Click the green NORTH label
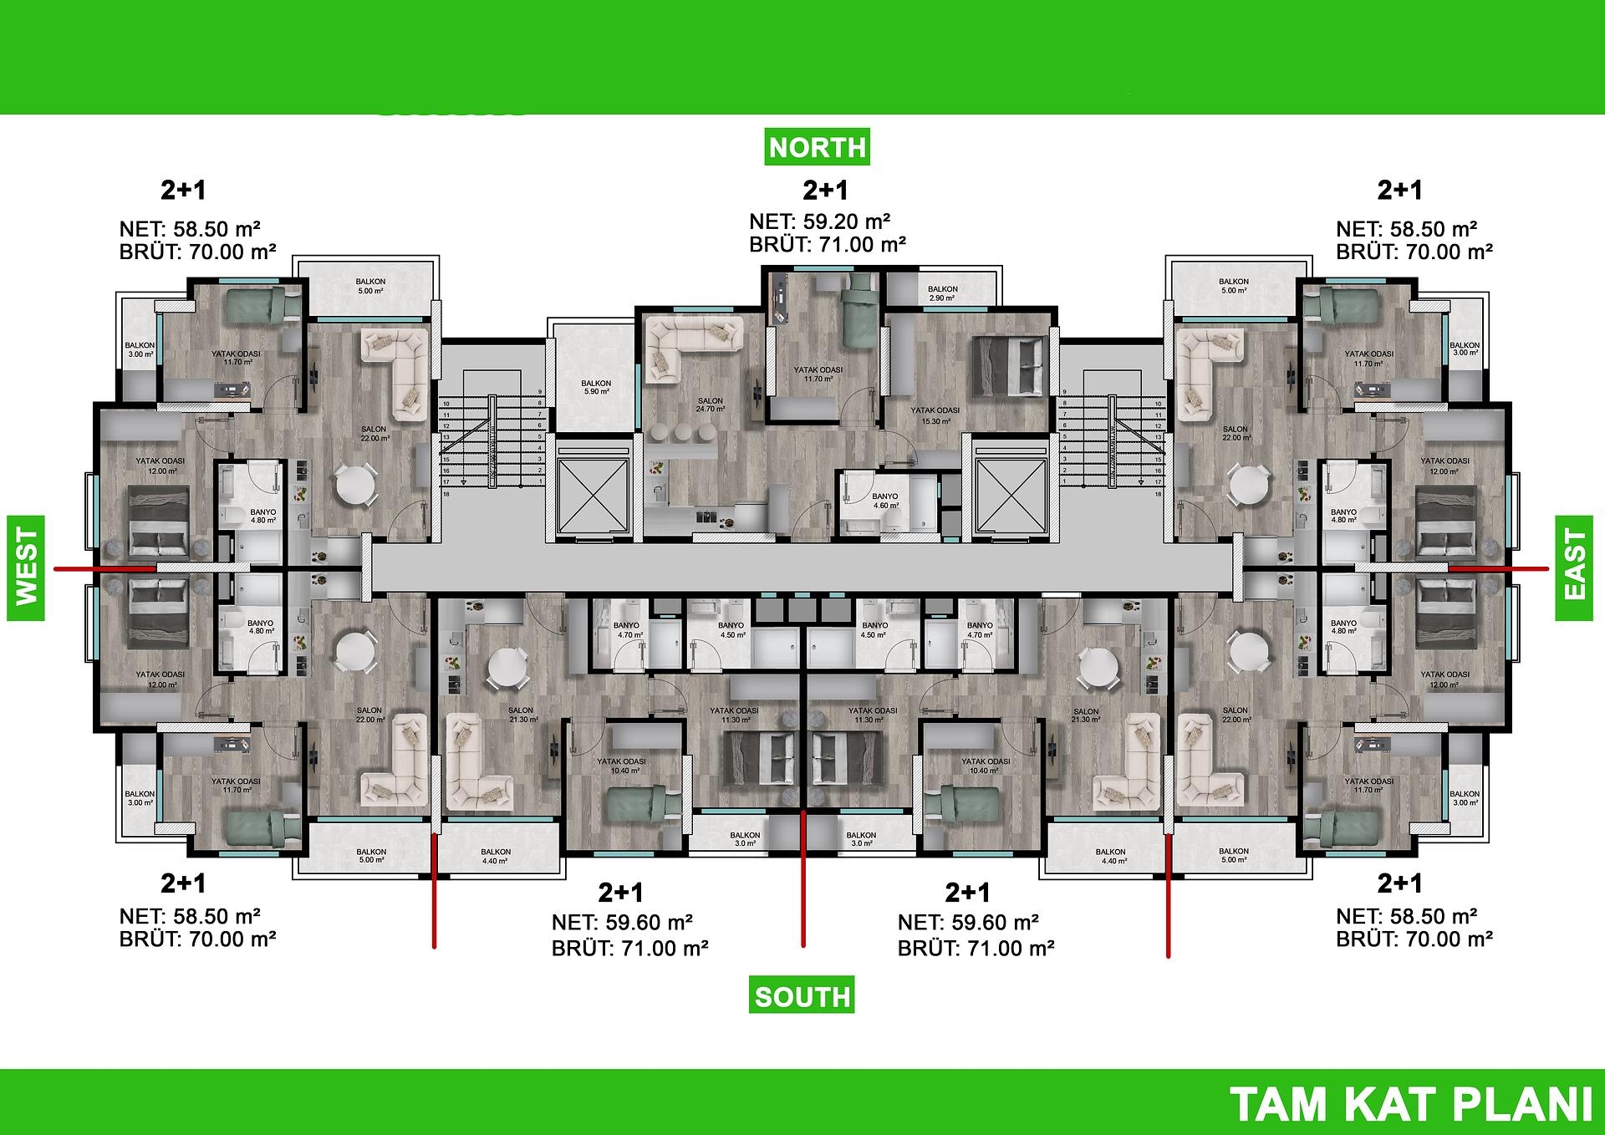pyautogui.click(x=817, y=147)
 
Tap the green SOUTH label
pyautogui.click(x=802, y=996)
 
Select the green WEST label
pyautogui.click(x=26, y=568)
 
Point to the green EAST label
pyautogui.click(x=1574, y=568)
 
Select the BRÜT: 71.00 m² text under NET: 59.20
pyautogui.click(x=828, y=245)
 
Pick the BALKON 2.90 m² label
pyautogui.click(x=942, y=293)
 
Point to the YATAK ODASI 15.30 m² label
pyautogui.click(x=935, y=415)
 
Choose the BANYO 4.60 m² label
pyautogui.click(x=885, y=501)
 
